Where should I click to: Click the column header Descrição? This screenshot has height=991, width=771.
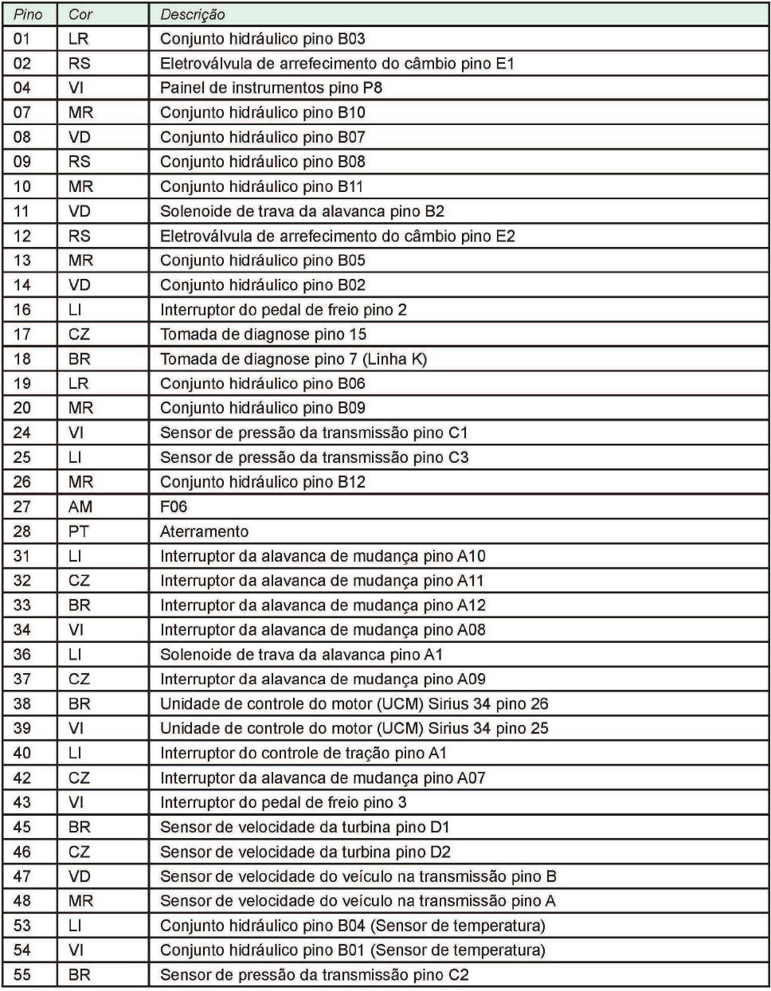point(193,14)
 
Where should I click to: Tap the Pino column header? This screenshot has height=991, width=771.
point(28,14)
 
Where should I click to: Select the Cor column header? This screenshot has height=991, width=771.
point(80,14)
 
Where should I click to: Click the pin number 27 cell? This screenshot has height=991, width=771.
point(22,507)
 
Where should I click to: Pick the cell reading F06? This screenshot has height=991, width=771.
point(174,507)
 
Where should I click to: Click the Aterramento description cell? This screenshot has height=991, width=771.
point(204,531)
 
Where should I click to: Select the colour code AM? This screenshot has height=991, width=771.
point(80,507)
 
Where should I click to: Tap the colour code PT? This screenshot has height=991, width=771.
point(78,531)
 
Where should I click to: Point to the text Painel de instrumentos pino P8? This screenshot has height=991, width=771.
point(272,88)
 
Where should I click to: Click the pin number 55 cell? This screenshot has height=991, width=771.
point(22,974)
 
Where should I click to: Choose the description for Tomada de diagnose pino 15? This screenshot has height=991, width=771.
point(263,334)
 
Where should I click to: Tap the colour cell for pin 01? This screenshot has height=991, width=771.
point(78,38)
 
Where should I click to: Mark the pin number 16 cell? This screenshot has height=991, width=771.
point(22,309)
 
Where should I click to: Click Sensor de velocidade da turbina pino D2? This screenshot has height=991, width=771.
point(305,852)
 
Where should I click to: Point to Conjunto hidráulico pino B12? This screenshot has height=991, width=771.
point(263,482)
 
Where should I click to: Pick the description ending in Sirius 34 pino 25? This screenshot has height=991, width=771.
point(354,728)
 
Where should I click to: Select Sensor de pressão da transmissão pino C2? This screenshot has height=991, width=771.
point(315,974)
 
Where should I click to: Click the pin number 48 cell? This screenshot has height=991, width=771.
point(22,900)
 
